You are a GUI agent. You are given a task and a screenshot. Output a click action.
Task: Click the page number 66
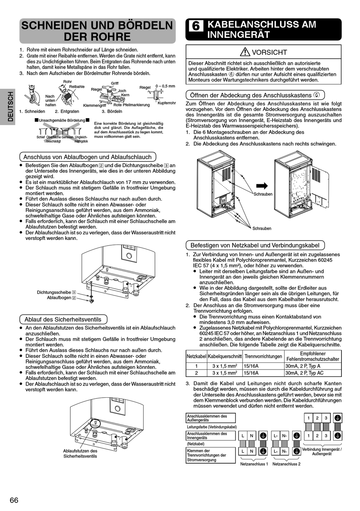pos(14,500)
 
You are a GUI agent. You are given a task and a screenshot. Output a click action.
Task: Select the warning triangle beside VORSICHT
pos(245,52)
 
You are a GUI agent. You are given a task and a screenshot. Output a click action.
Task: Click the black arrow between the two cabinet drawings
pos(262,185)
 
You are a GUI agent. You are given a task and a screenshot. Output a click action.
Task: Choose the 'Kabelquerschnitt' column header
pos(225,356)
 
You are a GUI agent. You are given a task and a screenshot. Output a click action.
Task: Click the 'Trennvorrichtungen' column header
pos(263,356)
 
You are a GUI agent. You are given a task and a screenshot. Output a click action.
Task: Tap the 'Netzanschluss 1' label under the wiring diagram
pos(254,464)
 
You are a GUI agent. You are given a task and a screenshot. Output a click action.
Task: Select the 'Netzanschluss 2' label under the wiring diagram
pos(286,464)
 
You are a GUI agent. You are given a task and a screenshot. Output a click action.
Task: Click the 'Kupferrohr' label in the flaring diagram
pos(167,103)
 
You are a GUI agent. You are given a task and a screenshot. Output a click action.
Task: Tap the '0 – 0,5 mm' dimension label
pos(165,86)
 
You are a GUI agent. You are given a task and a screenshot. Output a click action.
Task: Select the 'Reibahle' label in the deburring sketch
pos(77,87)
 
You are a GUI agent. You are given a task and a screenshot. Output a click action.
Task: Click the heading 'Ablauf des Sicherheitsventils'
pos(63,319)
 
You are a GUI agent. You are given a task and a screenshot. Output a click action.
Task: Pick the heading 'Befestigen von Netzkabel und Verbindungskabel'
pos(255,245)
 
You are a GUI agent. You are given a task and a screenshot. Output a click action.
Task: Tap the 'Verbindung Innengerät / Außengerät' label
pos(322,451)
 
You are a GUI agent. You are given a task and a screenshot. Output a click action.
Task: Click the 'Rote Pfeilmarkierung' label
pos(131,105)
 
